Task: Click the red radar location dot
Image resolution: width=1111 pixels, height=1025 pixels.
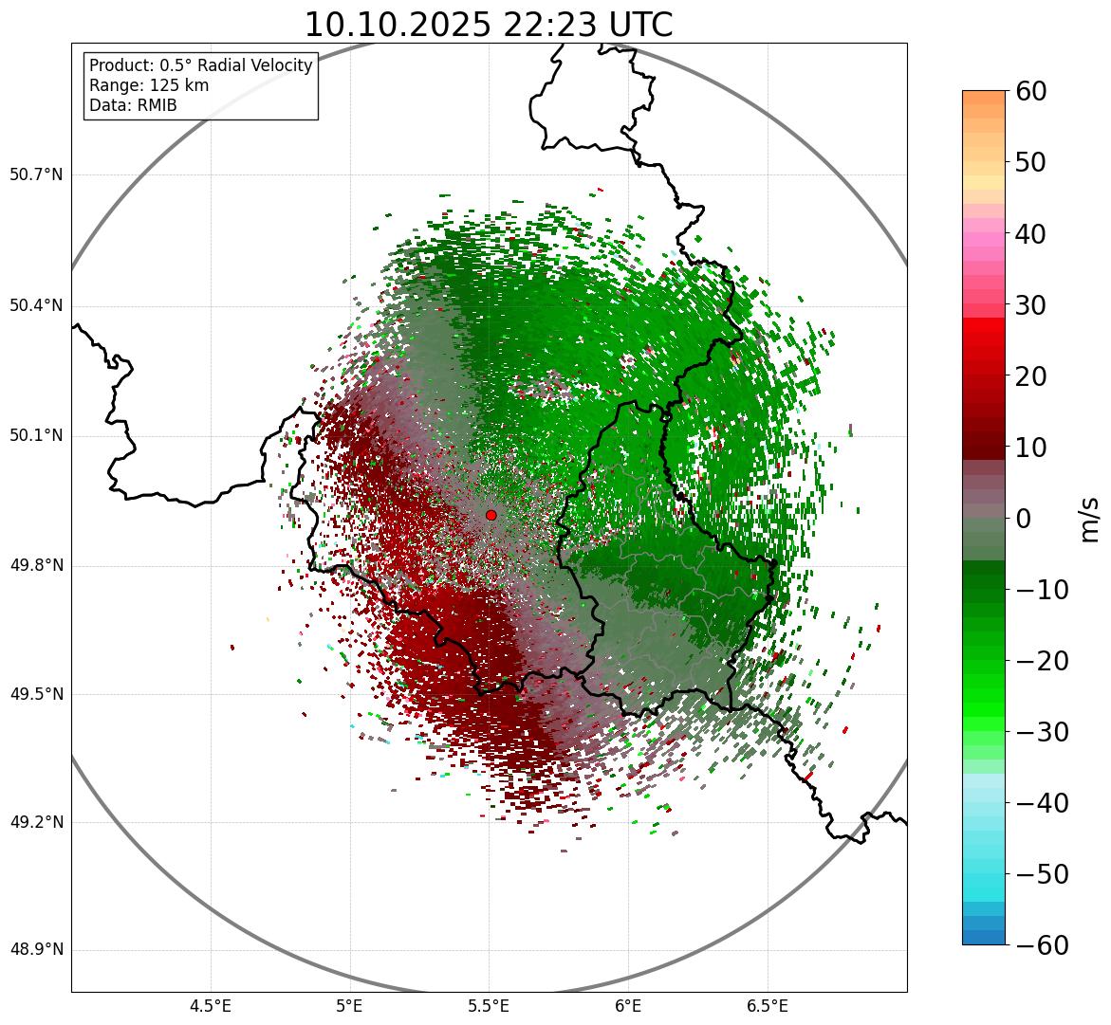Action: pos(491,515)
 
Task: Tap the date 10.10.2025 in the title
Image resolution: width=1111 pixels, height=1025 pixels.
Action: pos(398,25)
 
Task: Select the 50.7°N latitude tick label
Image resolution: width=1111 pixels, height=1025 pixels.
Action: pos(36,175)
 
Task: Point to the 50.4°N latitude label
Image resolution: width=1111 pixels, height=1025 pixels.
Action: pos(36,305)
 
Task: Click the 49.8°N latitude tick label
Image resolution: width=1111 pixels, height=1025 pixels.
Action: pos(36,566)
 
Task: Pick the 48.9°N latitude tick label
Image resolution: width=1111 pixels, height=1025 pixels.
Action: pos(36,950)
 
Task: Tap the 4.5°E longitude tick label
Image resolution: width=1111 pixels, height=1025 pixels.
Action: pos(211,1006)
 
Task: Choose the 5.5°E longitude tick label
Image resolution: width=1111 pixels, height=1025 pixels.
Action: pos(489,1006)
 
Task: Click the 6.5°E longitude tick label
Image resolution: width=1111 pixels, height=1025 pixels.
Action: pos(767,1006)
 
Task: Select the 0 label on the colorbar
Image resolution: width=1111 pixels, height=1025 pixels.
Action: pos(1024,519)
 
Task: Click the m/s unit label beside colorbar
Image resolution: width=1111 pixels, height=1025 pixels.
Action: pos(1088,519)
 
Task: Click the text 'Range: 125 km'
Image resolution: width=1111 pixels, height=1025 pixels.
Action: pos(149,85)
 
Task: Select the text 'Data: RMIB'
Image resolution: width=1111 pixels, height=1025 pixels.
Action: pos(133,105)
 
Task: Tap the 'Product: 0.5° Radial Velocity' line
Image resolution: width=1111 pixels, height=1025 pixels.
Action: pos(200,65)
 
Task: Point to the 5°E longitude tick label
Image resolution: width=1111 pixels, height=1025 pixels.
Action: pos(350,1006)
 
